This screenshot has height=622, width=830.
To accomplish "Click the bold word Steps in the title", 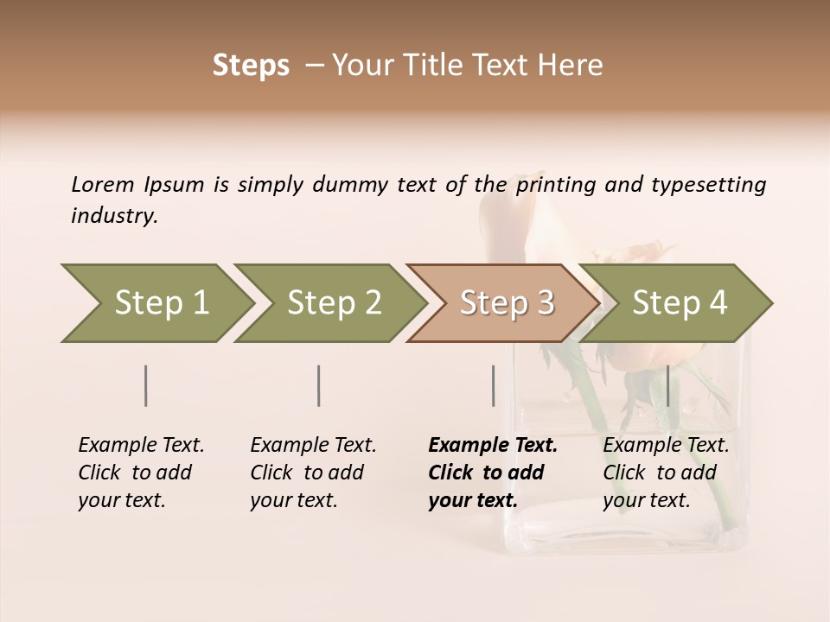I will point(251,66).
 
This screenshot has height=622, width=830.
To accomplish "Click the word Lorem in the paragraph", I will point(103,184).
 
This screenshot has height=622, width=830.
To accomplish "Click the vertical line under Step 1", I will point(146,385).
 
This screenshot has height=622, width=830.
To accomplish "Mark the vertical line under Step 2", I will point(319,385).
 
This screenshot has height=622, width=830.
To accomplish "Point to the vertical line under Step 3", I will point(493,385).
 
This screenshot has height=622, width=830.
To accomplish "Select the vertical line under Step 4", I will point(667,385).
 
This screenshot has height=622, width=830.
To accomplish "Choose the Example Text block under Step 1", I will point(141,473).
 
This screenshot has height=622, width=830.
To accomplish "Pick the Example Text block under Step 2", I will point(313,473).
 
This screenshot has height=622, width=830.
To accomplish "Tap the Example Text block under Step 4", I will point(666,473).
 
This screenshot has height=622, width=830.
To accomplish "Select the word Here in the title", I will point(574,66).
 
